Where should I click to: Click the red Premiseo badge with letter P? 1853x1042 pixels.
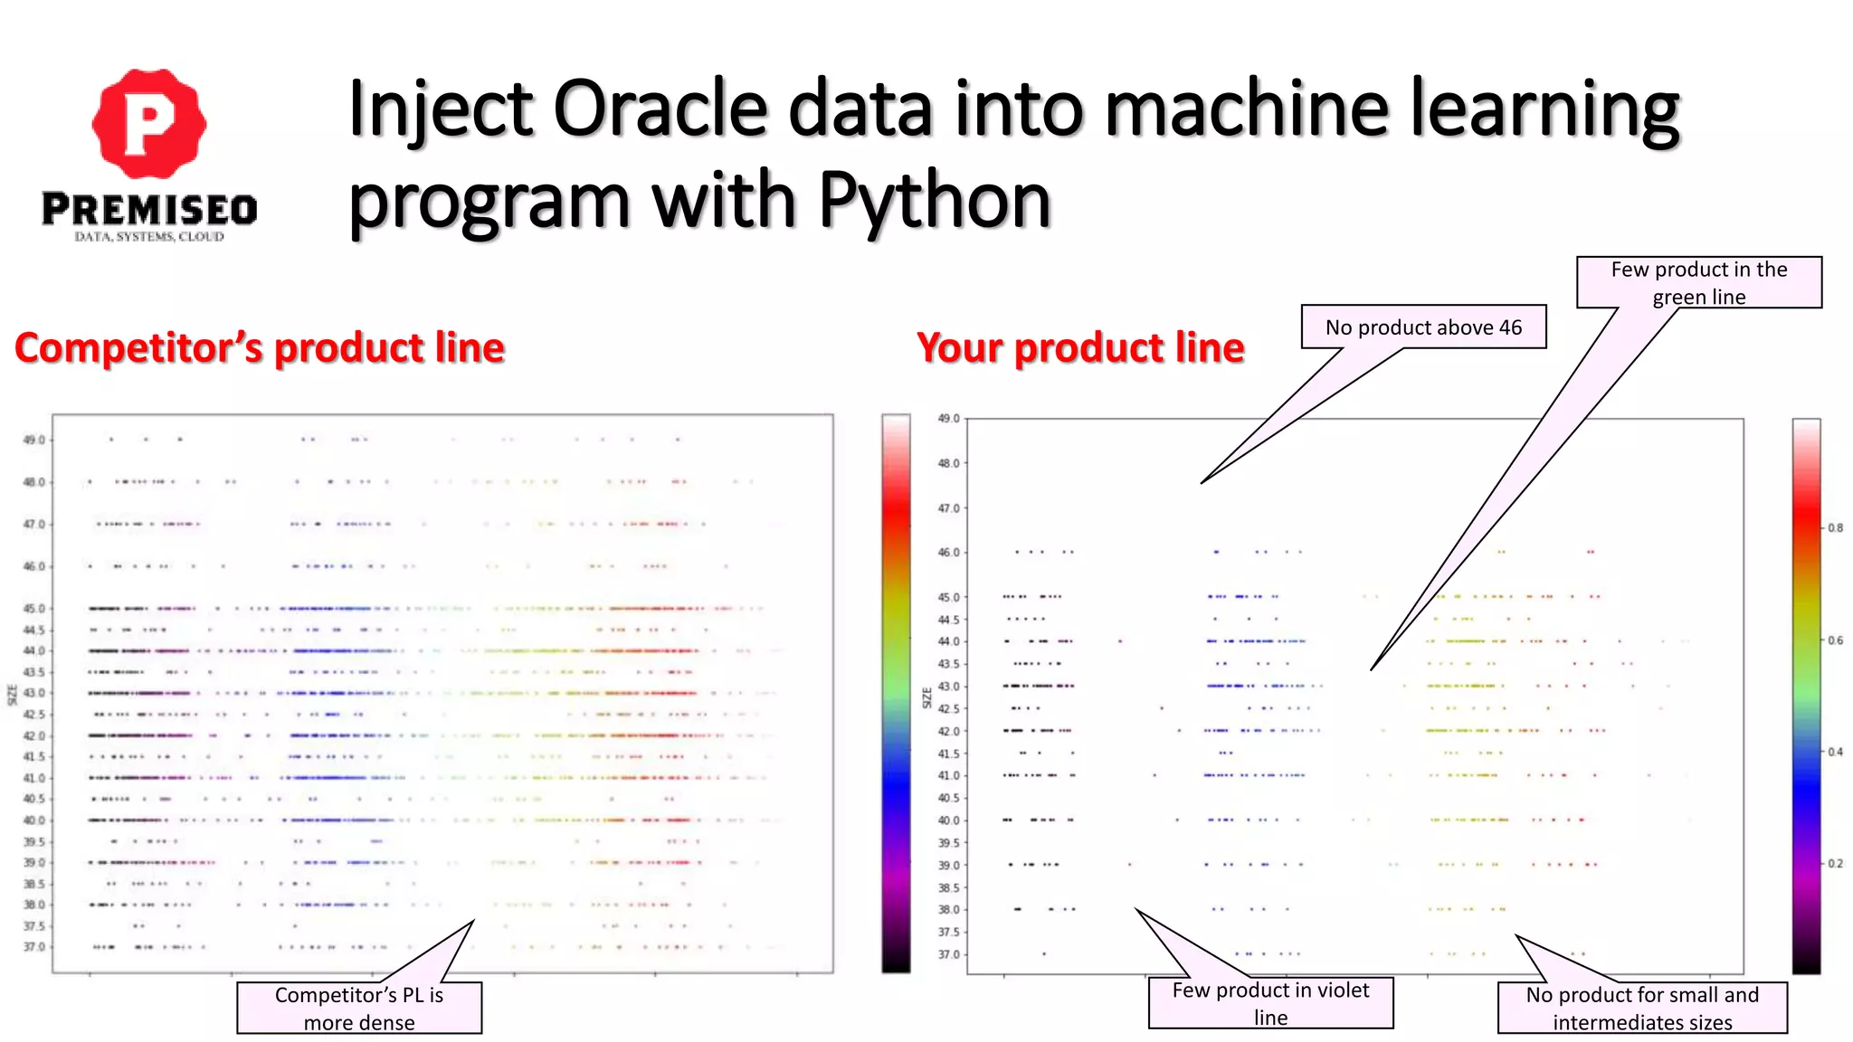click(x=149, y=123)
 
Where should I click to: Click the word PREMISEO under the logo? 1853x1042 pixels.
click(x=149, y=210)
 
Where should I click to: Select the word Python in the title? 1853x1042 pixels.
click(x=935, y=201)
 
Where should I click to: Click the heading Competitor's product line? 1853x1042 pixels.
click(x=260, y=348)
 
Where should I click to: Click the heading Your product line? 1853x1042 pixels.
click(x=1080, y=348)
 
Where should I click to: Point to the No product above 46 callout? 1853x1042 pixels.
click(x=1423, y=327)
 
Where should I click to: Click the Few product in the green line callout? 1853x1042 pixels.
click(x=1698, y=282)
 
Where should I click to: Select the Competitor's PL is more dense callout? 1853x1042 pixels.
click(x=359, y=1008)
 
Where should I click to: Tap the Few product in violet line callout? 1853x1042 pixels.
click(x=1270, y=1002)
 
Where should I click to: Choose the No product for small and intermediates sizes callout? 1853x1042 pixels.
click(x=1642, y=1008)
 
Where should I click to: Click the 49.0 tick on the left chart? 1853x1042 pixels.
click(x=33, y=440)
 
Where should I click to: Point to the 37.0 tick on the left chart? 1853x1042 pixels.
click(x=33, y=947)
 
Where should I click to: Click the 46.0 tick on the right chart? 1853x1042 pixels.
click(x=948, y=552)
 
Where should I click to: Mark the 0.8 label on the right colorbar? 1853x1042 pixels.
click(x=1835, y=527)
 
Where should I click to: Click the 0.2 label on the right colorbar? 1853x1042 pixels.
click(x=1835, y=864)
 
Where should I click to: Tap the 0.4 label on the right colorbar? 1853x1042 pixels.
click(x=1835, y=752)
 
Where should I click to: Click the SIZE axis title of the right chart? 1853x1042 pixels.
click(x=926, y=697)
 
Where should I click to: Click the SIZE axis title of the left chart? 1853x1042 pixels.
click(x=12, y=695)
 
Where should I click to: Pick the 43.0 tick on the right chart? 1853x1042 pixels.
click(x=948, y=687)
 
